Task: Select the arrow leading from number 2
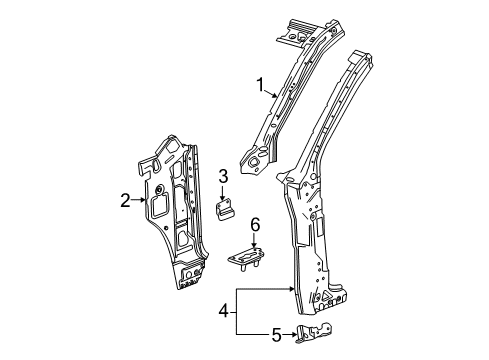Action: click(140, 201)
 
